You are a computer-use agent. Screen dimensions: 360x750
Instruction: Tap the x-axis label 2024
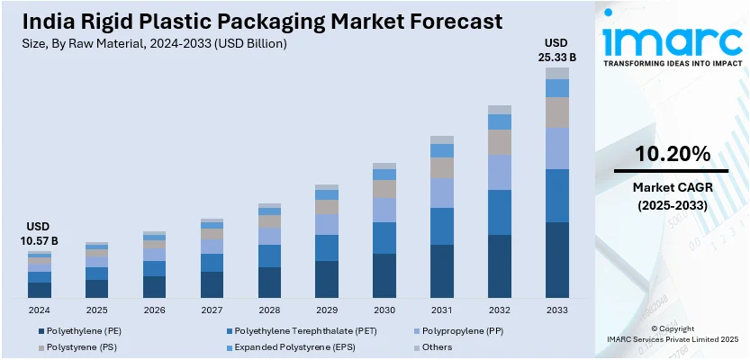coord(39,310)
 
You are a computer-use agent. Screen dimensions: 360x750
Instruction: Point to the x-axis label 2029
coord(327,310)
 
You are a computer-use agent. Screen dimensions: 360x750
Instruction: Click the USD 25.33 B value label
coord(557,50)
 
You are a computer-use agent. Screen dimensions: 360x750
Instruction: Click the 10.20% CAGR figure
coord(671,154)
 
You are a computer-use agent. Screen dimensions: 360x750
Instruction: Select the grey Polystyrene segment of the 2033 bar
coord(557,112)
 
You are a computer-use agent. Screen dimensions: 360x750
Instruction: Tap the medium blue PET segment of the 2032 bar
coord(500,212)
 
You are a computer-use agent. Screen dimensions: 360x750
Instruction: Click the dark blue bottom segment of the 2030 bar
coord(384,275)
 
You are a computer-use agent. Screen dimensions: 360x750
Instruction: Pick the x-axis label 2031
coord(442,310)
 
